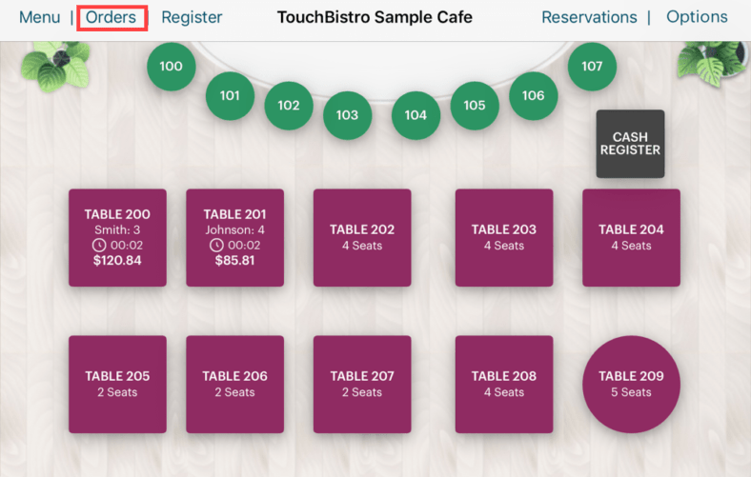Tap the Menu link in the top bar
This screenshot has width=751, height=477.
39,17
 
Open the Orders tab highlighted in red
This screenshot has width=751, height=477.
111,17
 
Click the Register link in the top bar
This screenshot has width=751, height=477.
192,17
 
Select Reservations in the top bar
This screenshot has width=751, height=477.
589,17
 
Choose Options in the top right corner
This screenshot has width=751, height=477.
697,17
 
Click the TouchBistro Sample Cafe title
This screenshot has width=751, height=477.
375,17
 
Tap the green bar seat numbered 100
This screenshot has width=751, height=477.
172,67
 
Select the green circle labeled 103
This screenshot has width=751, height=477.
347,115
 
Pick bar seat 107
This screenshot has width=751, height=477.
592,67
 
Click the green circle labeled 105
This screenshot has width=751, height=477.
475,106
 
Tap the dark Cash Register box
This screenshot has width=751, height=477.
630,144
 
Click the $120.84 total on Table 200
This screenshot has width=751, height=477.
117,260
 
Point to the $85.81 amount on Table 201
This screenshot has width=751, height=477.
234,260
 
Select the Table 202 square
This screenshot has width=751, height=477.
362,237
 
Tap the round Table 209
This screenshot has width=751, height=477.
630,384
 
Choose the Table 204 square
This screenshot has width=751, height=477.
631,237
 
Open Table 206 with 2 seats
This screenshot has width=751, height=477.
234,384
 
